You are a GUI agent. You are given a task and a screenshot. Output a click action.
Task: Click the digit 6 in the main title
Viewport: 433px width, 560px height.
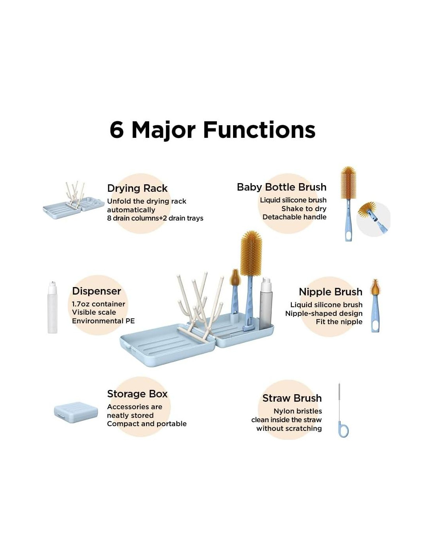coord(117,130)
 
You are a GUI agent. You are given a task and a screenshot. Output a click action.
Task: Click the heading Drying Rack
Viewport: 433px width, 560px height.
coord(137,188)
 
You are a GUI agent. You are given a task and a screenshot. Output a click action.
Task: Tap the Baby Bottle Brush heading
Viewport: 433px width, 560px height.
coord(281,187)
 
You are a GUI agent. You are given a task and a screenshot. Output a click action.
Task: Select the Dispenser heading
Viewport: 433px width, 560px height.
coord(96,291)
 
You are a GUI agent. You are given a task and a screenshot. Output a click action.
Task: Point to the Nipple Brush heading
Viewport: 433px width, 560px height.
coord(331,292)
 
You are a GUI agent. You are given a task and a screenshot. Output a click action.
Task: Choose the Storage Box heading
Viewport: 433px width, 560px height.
coord(137,394)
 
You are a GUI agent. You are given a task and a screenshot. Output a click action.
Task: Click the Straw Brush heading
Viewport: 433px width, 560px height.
coord(292,398)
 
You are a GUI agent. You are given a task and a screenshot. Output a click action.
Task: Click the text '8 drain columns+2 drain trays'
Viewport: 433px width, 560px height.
coord(155,218)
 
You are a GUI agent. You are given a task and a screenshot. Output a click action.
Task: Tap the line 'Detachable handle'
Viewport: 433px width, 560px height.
coord(294,217)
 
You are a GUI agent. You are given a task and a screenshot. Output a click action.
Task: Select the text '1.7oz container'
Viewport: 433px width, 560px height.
coord(98,304)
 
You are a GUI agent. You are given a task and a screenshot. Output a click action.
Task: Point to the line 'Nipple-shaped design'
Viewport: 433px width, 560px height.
coord(324,313)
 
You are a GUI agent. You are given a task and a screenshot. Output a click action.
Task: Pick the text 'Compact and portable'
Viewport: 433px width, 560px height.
coord(147,424)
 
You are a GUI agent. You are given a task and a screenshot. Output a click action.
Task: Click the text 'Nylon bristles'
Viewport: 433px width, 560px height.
coord(298,411)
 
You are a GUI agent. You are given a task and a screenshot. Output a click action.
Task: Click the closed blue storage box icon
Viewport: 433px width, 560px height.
coord(76,412)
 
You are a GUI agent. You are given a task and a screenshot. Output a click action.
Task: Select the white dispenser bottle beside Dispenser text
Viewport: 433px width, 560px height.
coord(52,307)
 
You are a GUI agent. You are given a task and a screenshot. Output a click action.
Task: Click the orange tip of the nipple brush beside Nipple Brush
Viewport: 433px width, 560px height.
coord(375,287)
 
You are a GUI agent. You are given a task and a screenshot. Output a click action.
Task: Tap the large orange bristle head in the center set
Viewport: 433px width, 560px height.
coord(251,254)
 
